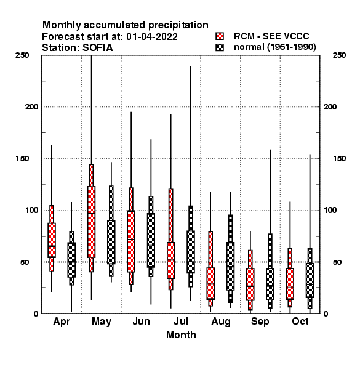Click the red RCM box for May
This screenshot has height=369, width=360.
point(91,221)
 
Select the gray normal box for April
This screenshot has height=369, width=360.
point(71,260)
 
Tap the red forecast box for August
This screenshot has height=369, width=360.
point(210,283)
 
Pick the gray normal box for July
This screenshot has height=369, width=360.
point(191,252)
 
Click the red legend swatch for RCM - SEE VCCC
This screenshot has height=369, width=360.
point(220,36)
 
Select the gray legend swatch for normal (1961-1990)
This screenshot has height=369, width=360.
point(220,47)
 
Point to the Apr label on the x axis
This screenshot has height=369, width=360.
point(62,322)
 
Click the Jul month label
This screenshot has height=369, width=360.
point(181,322)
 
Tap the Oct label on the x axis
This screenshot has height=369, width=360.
point(300,322)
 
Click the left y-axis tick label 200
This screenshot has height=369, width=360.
point(31,107)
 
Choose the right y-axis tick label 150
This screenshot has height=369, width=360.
point(339,159)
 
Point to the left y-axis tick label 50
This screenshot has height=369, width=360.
point(25,262)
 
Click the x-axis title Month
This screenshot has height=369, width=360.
point(181,335)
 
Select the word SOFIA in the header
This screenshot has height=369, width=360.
point(98,48)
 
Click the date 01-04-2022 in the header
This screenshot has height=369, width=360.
point(152,37)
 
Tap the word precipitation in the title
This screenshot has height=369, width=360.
point(178,25)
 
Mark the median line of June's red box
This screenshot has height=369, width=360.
point(131,240)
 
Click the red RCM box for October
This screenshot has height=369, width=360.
point(290,284)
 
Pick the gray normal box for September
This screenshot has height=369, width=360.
point(270,284)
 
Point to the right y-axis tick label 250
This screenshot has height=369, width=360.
point(339,55)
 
